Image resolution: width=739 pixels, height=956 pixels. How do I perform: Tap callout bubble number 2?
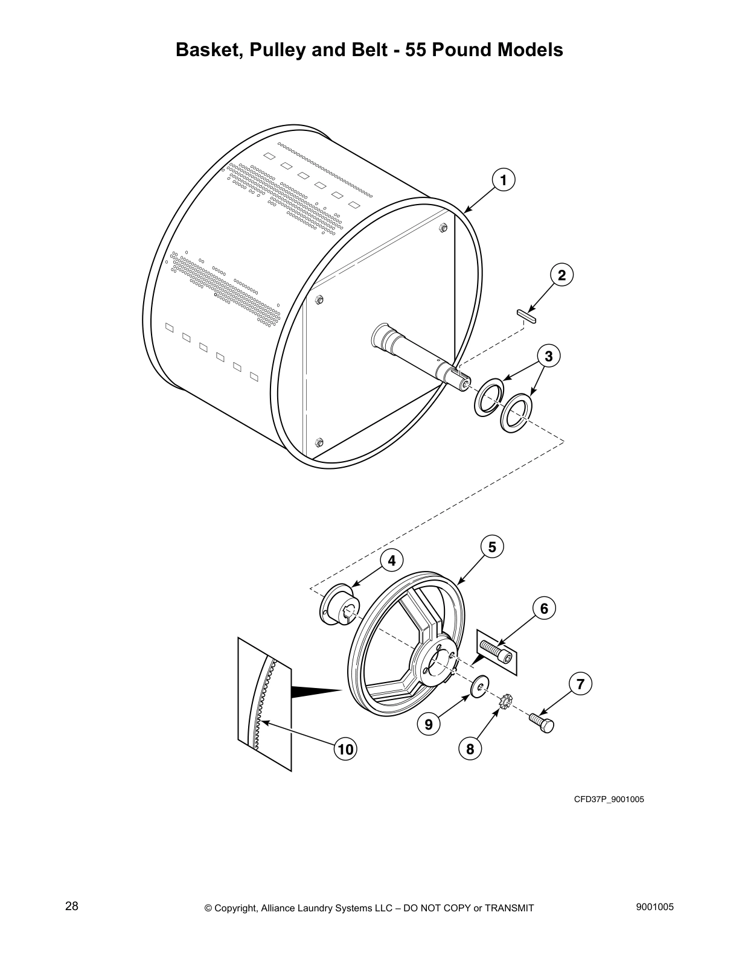tap(561, 275)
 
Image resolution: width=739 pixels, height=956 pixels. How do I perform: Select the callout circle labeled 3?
tap(548, 356)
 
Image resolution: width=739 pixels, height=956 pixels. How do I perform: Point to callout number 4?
tap(391, 561)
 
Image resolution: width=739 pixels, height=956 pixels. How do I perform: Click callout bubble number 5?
tap(492, 547)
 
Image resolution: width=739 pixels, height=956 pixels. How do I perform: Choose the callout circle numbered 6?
tap(544, 608)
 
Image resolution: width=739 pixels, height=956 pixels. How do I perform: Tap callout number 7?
tap(580, 684)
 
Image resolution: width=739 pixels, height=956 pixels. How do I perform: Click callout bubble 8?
tap(470, 749)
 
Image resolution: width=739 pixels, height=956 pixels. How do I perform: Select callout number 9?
tap(428, 724)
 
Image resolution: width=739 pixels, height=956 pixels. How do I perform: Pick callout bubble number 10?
tap(345, 749)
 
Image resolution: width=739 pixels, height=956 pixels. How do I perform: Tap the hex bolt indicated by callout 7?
tap(542, 722)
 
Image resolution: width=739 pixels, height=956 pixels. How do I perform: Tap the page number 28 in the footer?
tap(71, 907)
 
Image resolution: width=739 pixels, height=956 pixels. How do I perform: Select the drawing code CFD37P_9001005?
tap(609, 800)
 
